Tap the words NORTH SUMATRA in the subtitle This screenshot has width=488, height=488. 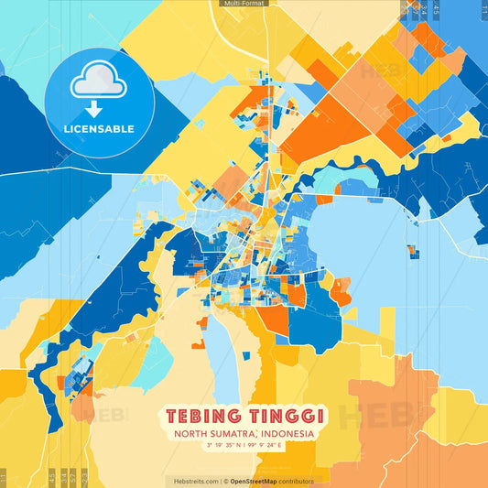pos(211,434)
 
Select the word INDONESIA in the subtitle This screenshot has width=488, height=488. pos(285,434)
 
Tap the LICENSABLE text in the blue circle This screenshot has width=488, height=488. pos(99,129)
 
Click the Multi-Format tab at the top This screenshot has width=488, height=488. pos(244,4)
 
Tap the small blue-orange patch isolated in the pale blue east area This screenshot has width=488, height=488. pos(412,250)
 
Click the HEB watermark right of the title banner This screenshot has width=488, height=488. pos(362,418)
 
